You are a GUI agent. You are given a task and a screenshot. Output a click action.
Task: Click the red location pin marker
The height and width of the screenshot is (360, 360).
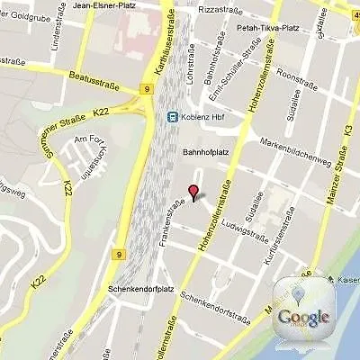click(192, 192)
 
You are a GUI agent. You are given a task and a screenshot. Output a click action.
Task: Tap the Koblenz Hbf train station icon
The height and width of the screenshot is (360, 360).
click(171, 117)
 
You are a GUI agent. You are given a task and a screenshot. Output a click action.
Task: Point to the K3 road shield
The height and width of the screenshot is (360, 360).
click(350, 130)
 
